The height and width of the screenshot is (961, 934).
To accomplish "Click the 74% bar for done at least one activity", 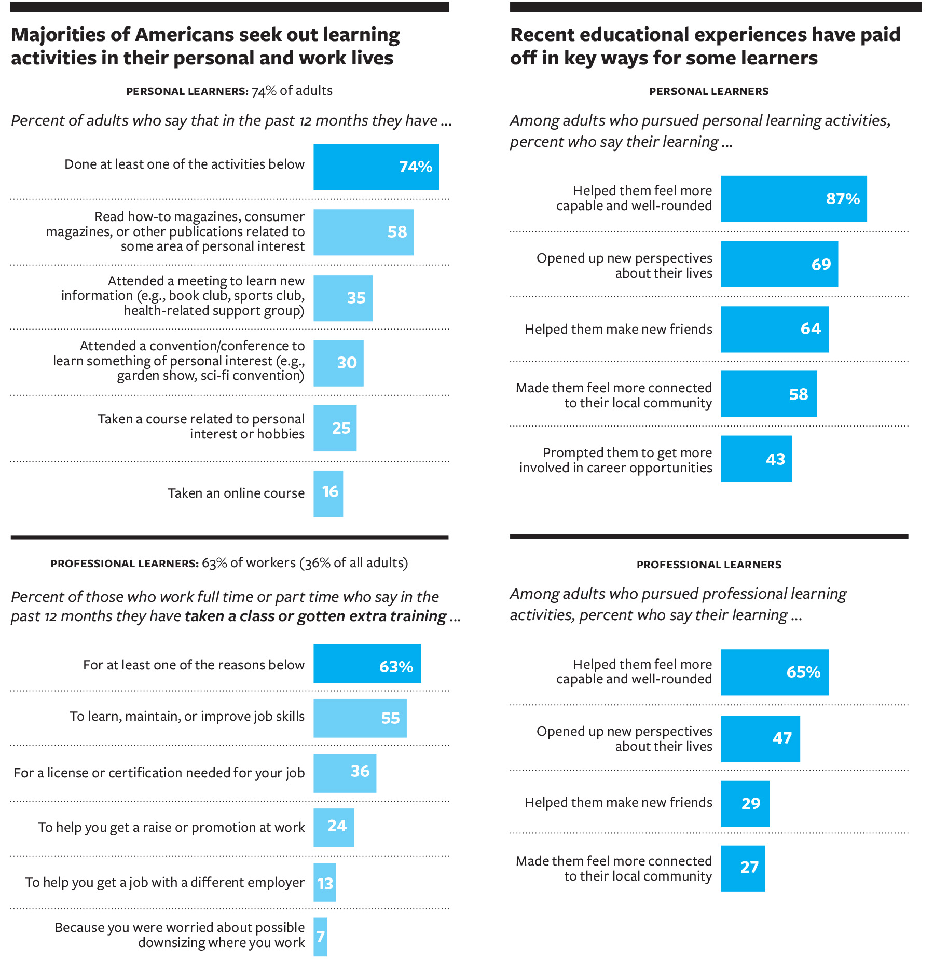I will pos(376,167).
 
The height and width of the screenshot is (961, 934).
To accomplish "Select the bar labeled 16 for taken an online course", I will pos(328,493).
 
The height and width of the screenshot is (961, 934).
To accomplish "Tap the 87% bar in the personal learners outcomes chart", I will pos(793,199).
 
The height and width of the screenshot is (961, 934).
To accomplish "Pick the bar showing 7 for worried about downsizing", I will pos(320,937).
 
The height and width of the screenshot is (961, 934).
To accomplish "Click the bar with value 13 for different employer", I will pos(325,882).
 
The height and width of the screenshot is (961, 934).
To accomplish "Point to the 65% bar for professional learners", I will pos(774,672).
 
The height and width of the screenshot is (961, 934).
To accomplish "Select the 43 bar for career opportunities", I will pos(756,459).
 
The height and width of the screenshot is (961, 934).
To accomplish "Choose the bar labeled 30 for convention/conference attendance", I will pos(338,363).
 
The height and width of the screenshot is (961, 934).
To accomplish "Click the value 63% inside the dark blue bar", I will pos(396,666).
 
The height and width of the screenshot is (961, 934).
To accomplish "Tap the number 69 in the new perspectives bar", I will pos(821,265).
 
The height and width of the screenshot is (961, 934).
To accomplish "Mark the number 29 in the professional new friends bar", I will pos(751,804).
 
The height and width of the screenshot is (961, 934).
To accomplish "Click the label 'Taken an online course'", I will pos(236,493).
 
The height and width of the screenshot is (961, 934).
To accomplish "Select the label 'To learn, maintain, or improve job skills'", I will pos(187,717).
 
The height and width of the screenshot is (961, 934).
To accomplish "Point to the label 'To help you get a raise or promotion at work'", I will pos(171,827).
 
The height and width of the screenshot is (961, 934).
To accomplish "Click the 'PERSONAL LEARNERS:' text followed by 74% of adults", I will pos(187,91).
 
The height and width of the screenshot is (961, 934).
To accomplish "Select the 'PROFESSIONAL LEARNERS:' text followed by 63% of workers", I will pos(125,564).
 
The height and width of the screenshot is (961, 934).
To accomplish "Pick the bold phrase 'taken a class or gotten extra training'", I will pos(315,616).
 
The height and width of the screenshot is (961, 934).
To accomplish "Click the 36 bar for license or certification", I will pos(345,773).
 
